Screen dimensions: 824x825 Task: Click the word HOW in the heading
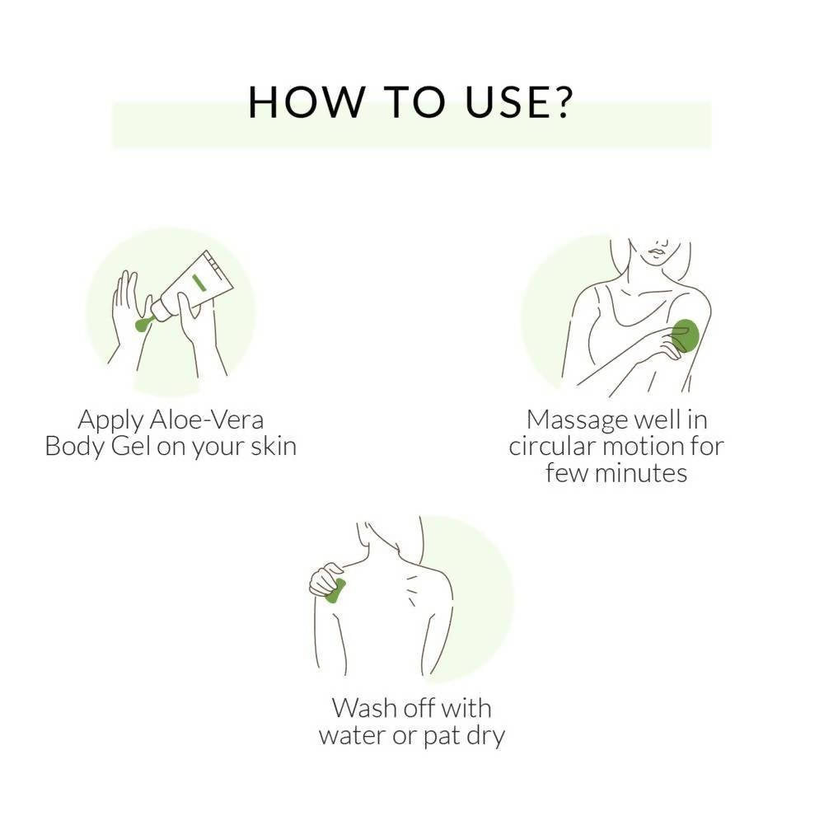[306, 101]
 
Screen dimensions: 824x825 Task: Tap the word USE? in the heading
[519, 101]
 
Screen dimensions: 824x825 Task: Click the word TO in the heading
[414, 101]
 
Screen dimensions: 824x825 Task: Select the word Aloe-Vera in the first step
[207, 420]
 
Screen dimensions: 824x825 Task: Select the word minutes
[641, 473]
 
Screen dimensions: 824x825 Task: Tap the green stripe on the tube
[199, 283]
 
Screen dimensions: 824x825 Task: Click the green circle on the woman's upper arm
[686, 335]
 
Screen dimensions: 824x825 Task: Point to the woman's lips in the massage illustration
[657, 254]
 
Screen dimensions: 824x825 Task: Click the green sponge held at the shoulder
[335, 591]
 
